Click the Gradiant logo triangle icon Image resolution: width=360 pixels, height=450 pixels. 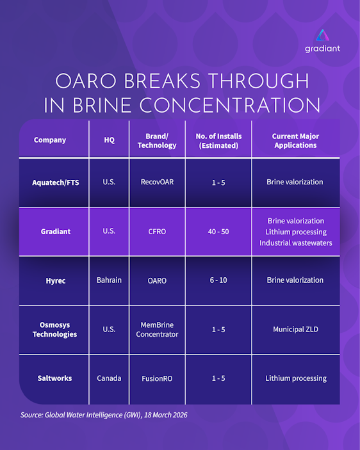tap(323, 35)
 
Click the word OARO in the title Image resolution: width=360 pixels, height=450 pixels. tap(86, 81)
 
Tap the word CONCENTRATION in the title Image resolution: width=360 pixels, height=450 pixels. tap(230, 105)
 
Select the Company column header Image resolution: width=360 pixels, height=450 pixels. tap(50, 140)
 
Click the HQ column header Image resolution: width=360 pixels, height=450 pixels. tap(109, 140)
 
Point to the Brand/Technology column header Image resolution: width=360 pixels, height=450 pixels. tap(157, 141)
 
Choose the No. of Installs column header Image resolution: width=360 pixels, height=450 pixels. tap(219, 141)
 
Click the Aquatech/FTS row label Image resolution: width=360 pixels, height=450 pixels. tap(55, 182)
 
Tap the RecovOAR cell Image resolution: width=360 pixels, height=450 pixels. tap(157, 182)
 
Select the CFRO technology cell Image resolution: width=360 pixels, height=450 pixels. tap(157, 231)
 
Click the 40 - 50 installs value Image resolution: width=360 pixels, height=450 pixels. tap(218, 231)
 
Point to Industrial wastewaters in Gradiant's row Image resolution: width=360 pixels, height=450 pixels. tap(296, 243)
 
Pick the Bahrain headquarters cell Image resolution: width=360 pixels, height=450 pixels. tap(109, 280)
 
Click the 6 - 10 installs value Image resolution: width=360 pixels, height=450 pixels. tap(218, 280)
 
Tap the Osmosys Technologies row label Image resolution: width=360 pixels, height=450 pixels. tap(55, 330)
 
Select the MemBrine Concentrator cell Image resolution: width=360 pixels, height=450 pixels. tap(157, 330)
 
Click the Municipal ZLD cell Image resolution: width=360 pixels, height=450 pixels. tap(296, 329)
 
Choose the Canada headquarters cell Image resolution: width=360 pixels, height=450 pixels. tap(109, 378)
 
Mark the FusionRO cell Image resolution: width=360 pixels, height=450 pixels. tap(157, 378)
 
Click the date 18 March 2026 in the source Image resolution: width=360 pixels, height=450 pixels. tap(166, 415)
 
